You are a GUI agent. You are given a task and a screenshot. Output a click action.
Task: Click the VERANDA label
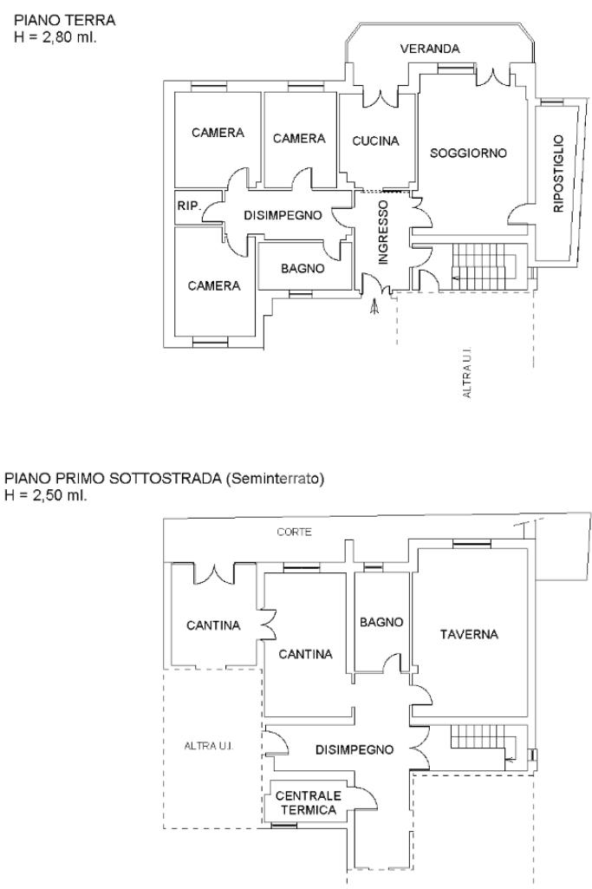(x=430, y=49)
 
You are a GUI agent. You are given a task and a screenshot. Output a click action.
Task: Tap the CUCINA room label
(x=375, y=141)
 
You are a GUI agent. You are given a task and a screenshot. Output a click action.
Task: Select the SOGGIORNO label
(x=468, y=153)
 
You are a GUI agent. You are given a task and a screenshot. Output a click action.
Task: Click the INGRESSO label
(x=383, y=229)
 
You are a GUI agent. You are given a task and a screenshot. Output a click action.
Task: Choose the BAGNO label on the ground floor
(x=303, y=269)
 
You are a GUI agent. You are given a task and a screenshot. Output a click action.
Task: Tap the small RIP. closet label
(x=188, y=206)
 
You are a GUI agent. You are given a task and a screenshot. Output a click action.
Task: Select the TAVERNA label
(x=469, y=634)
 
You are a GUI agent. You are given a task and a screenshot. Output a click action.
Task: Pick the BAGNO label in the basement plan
(x=381, y=622)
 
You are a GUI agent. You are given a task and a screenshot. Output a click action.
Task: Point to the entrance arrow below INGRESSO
(x=374, y=307)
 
